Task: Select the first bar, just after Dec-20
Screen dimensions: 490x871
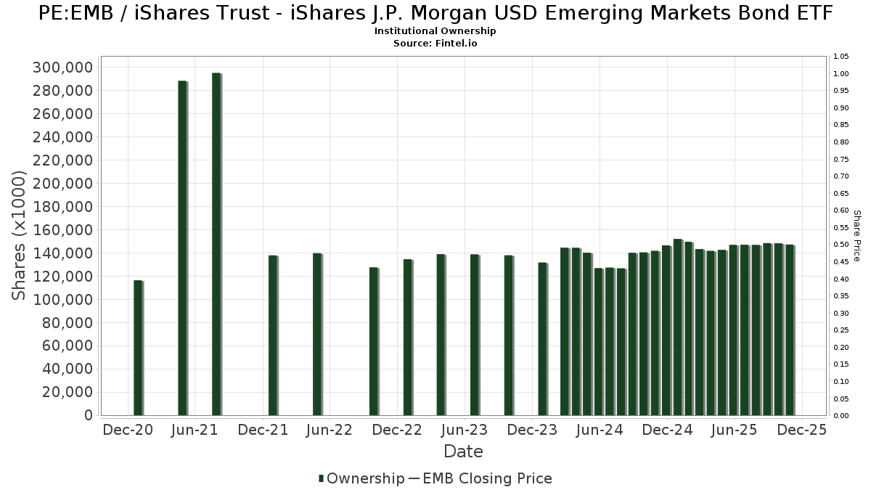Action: tap(137, 348)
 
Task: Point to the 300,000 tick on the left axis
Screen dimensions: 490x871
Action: tap(63, 68)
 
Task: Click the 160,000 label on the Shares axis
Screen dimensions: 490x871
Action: tap(63, 230)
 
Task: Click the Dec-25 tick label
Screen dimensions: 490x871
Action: tap(801, 430)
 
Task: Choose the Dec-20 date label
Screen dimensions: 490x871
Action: tap(128, 430)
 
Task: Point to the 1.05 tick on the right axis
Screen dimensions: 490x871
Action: tap(841, 57)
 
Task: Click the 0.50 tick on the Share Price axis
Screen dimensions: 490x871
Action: tap(841, 245)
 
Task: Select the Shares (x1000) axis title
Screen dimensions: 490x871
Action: tap(20, 235)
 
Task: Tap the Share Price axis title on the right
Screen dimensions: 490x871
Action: tap(857, 236)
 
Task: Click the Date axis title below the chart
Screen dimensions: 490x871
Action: tap(463, 452)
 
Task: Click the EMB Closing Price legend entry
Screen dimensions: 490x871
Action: tap(486, 478)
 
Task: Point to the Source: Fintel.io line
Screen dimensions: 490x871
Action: tap(435, 44)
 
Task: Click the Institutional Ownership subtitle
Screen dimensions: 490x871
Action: tap(435, 32)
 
